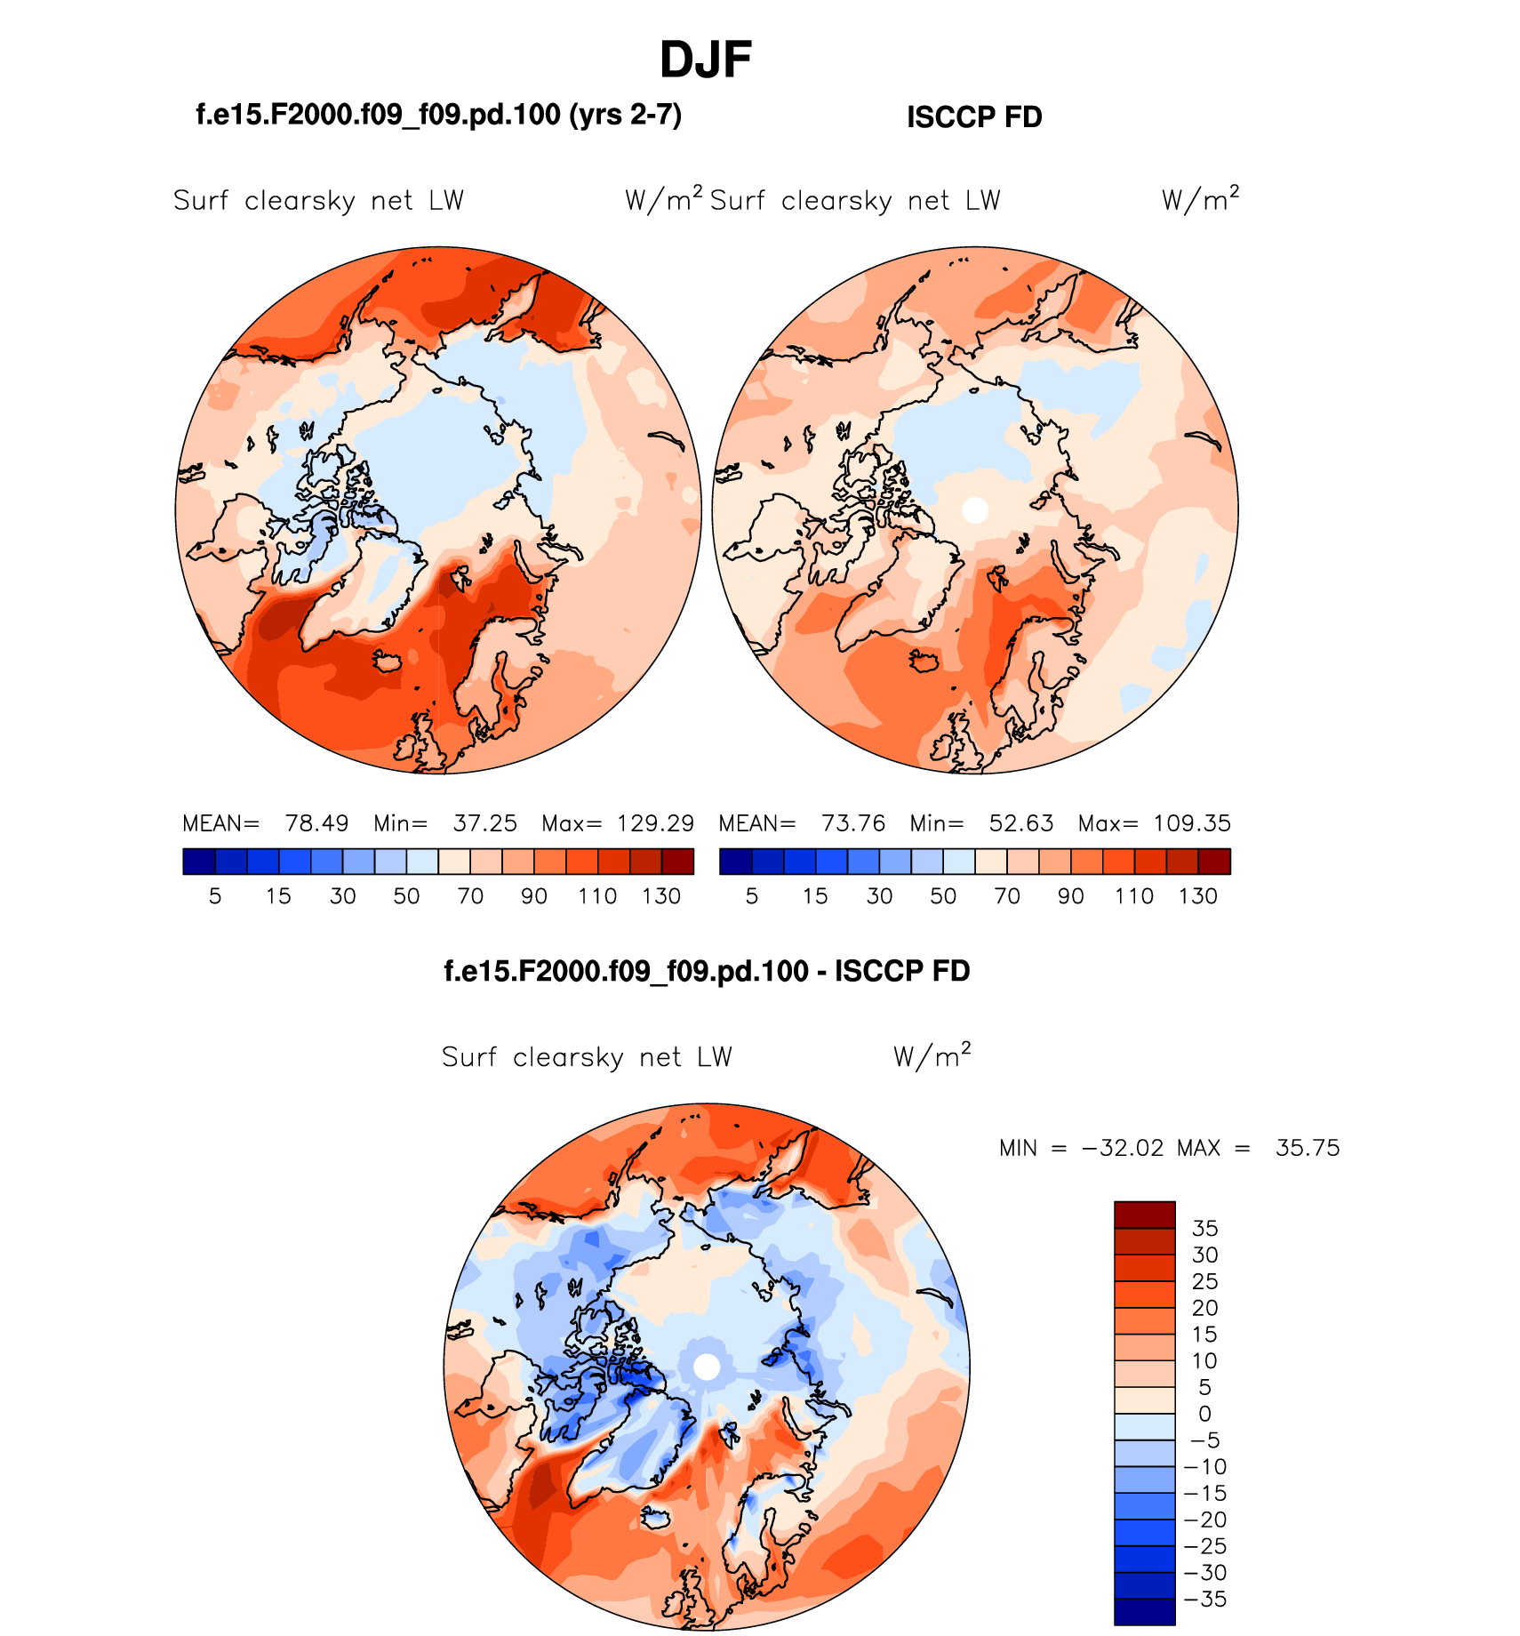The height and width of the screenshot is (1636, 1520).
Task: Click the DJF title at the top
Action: click(x=706, y=60)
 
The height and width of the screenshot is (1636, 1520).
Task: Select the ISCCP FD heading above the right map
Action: click(x=974, y=117)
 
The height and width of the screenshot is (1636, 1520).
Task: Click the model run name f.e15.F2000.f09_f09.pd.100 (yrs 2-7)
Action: click(x=438, y=115)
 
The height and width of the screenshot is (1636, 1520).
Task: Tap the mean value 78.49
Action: click(x=316, y=823)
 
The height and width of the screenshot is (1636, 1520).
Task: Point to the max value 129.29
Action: click(x=655, y=823)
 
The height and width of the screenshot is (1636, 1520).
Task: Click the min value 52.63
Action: click(x=1021, y=823)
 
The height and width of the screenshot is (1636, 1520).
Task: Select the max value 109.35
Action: click(x=1192, y=823)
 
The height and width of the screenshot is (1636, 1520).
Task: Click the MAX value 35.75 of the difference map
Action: click(x=1308, y=1148)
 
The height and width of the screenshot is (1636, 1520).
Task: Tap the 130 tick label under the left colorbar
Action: click(x=661, y=896)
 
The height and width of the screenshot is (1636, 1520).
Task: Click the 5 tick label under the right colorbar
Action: click(x=752, y=896)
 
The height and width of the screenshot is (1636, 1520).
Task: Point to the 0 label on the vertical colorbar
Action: click(x=1204, y=1414)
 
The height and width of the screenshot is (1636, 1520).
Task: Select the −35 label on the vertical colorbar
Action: click(x=1206, y=1599)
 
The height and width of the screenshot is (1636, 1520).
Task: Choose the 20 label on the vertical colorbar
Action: click(x=1204, y=1308)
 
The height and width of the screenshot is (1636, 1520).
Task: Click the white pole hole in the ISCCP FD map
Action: click(x=975, y=510)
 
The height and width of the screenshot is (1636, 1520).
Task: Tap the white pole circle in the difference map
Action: click(x=707, y=1367)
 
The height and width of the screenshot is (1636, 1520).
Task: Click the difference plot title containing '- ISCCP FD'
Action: click(x=707, y=971)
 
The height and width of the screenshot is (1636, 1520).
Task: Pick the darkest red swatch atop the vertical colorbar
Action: click(x=1145, y=1215)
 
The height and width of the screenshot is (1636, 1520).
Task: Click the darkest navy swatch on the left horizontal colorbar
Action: click(x=199, y=862)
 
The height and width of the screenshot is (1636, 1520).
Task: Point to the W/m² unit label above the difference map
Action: click(x=932, y=1055)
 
